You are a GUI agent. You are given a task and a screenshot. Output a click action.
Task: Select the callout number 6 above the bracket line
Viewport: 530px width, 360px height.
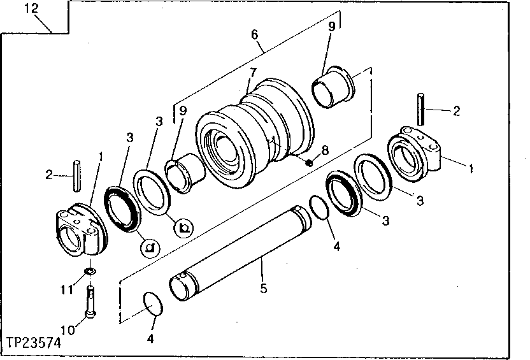[254, 34]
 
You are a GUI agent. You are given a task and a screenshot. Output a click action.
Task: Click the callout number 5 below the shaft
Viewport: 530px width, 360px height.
[264, 288]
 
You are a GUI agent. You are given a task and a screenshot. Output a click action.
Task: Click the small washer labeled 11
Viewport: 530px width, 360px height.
[91, 273]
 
